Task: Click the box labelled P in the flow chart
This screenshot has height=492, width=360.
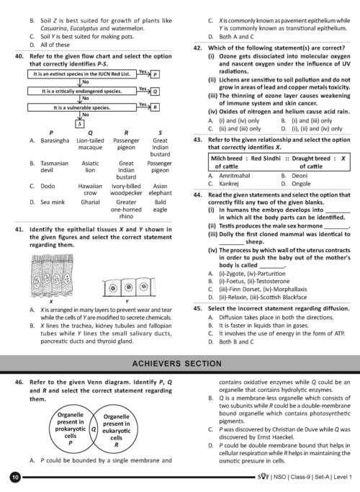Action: coord(156,74)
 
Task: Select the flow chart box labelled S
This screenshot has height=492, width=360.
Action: coord(80,124)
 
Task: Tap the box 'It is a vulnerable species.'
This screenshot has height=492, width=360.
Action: coord(82,107)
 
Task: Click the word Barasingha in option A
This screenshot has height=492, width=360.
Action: coord(55,140)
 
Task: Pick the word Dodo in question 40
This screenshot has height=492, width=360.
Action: coord(48,186)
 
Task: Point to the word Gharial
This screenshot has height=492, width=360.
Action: coord(90,202)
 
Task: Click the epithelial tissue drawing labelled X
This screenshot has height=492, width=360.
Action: coord(52,275)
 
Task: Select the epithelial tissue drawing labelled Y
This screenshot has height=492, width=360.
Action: coord(129,287)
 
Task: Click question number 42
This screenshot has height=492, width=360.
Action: coord(197,48)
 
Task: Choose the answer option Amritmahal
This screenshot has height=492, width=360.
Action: coord(235,176)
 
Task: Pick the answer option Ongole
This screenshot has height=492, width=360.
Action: coord(301,184)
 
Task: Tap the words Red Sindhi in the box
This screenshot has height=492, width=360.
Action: coord(266,158)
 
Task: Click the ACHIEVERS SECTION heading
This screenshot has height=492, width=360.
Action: coord(177,364)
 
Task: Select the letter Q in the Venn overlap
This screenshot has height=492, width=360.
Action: coord(94,429)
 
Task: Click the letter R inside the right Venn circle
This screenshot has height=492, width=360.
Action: coord(117,444)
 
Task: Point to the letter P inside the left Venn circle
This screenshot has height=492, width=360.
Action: coord(71,443)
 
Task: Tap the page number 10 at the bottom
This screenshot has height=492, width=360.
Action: coord(15,478)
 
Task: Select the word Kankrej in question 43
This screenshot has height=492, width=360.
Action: coord(229,184)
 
